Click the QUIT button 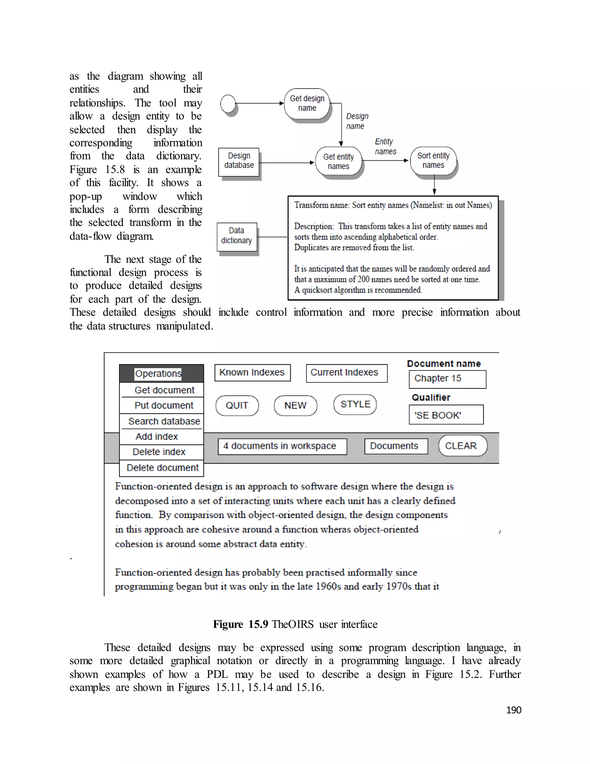coord(237,405)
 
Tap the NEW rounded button coord(295,405)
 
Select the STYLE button coord(355,404)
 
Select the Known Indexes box coord(252,372)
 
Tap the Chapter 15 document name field coord(447,379)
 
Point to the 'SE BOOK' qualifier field coord(446,415)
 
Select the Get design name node coord(307,104)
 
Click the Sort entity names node coord(433,161)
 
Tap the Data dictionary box coord(237,236)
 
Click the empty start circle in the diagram coord(228,104)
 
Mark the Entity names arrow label coord(385,146)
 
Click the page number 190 coord(513,710)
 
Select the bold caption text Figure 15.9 coord(241,624)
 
